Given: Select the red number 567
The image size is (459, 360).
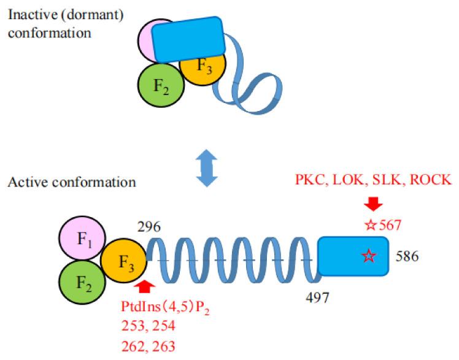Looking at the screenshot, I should pos(389,225).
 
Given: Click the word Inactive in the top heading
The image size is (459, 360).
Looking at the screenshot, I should pos(26,12).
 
